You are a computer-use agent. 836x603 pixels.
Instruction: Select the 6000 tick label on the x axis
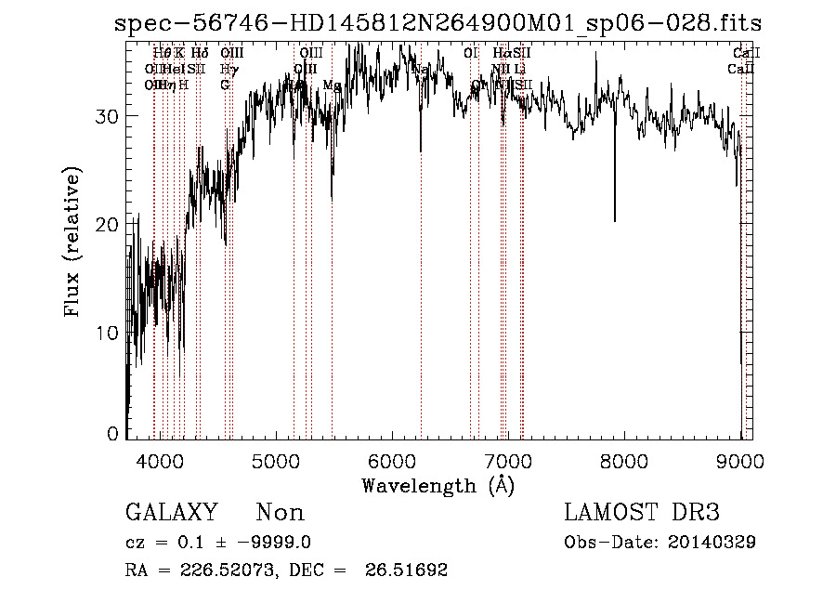click(x=392, y=462)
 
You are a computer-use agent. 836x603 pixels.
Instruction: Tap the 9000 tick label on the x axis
click(x=739, y=462)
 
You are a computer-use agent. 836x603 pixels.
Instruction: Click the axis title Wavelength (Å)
click(x=438, y=485)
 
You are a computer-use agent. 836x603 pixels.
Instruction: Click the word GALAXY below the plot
click(x=171, y=513)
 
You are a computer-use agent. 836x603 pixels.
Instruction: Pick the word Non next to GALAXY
click(x=280, y=513)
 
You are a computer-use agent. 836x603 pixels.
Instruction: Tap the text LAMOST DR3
click(x=642, y=513)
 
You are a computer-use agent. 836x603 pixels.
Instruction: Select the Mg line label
click(x=332, y=85)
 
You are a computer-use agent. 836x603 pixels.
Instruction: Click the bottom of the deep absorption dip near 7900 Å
click(x=614, y=220)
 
